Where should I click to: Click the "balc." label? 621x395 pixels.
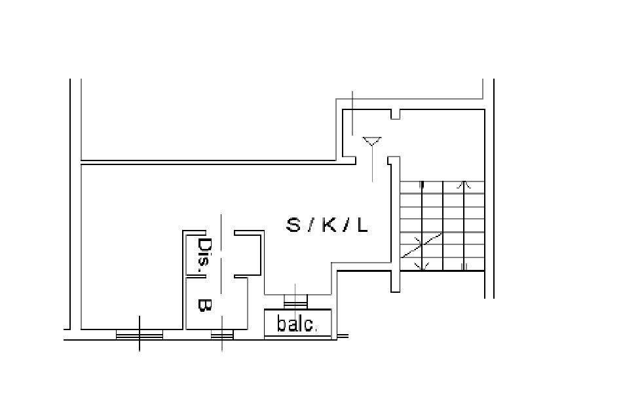[x=297, y=324]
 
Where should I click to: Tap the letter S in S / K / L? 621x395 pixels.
[x=293, y=225]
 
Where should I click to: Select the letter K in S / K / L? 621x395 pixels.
[x=329, y=225]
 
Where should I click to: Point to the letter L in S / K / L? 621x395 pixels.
[x=363, y=225]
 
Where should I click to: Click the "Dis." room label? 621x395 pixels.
[x=204, y=255]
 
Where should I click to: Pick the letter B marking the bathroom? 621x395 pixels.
[x=204, y=305]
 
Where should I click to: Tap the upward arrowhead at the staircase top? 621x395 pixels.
[x=464, y=184]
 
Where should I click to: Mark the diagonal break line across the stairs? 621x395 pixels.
[x=421, y=245]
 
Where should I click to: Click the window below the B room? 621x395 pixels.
[x=222, y=335]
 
